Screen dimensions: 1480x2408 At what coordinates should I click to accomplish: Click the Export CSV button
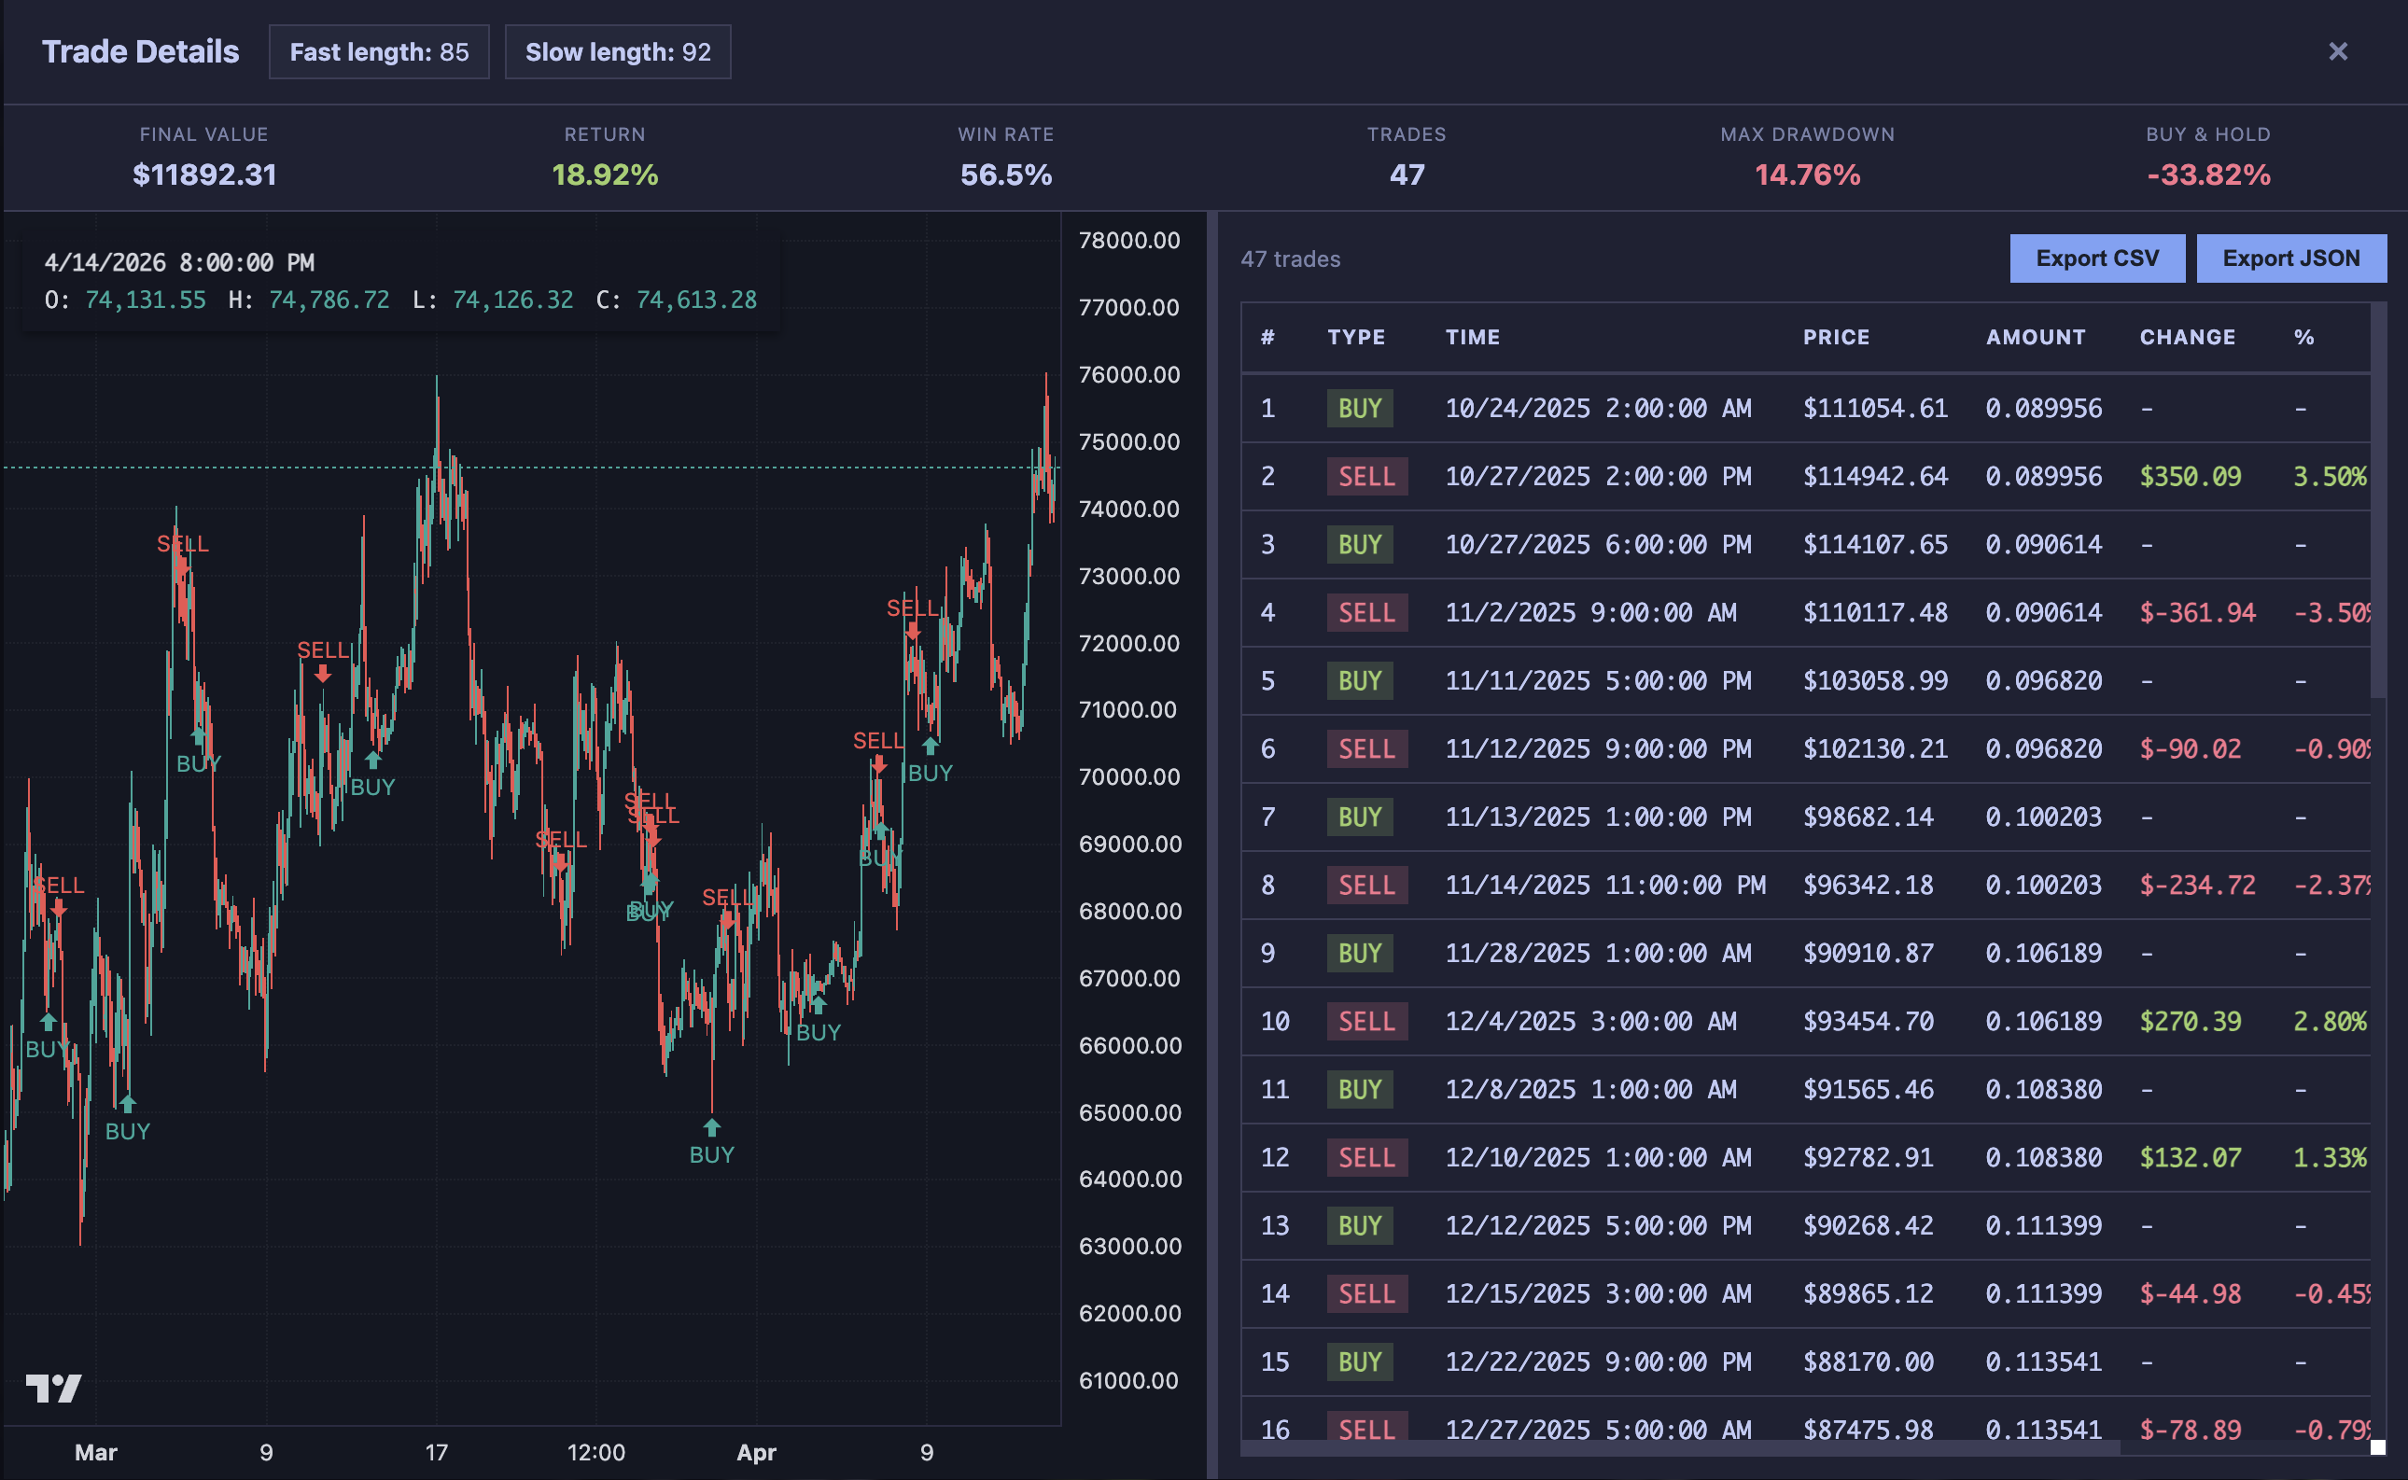2096,258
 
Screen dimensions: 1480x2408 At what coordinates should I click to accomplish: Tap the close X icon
2337,51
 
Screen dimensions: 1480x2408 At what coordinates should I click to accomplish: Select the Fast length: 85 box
379,52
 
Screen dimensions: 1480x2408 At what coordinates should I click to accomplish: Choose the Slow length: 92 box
618,52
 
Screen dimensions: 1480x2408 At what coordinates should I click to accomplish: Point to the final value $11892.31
204,175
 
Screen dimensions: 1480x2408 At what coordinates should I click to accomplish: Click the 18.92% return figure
605,175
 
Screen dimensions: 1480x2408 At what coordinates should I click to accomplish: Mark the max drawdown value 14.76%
1807,175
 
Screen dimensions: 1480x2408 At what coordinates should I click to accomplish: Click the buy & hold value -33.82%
2208,175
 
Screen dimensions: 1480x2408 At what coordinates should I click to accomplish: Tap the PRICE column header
1837,338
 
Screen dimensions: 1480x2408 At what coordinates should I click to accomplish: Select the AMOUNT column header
2036,338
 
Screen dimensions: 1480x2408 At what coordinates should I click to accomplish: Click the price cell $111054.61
1875,408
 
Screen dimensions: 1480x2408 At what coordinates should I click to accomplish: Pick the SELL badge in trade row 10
1366,1022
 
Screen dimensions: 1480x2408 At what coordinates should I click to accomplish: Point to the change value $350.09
2190,477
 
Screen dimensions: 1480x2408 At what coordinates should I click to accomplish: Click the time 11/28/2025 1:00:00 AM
1591,954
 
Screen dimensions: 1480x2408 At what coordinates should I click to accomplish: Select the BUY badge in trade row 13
1360,1225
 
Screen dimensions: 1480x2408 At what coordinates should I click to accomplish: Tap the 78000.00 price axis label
1128,241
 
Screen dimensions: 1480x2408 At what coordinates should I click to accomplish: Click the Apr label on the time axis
756,1453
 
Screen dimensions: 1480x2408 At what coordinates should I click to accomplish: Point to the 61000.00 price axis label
1128,1381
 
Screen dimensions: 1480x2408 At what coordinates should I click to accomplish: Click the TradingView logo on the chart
54,1388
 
